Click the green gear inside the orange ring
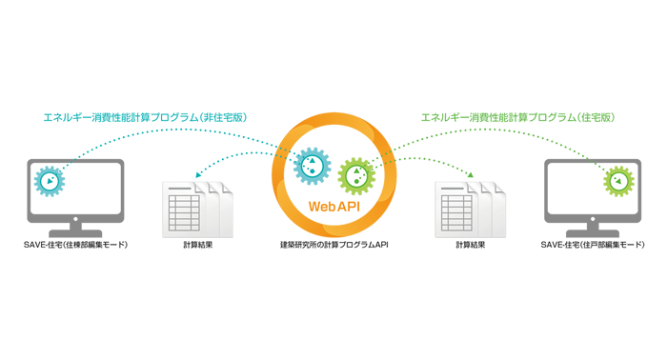357,176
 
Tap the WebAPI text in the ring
333,206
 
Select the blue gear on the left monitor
49,180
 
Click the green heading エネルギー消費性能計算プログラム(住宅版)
517,117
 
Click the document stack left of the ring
198,207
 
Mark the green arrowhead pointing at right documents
471,175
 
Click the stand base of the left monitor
75,231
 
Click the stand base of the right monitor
592,231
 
